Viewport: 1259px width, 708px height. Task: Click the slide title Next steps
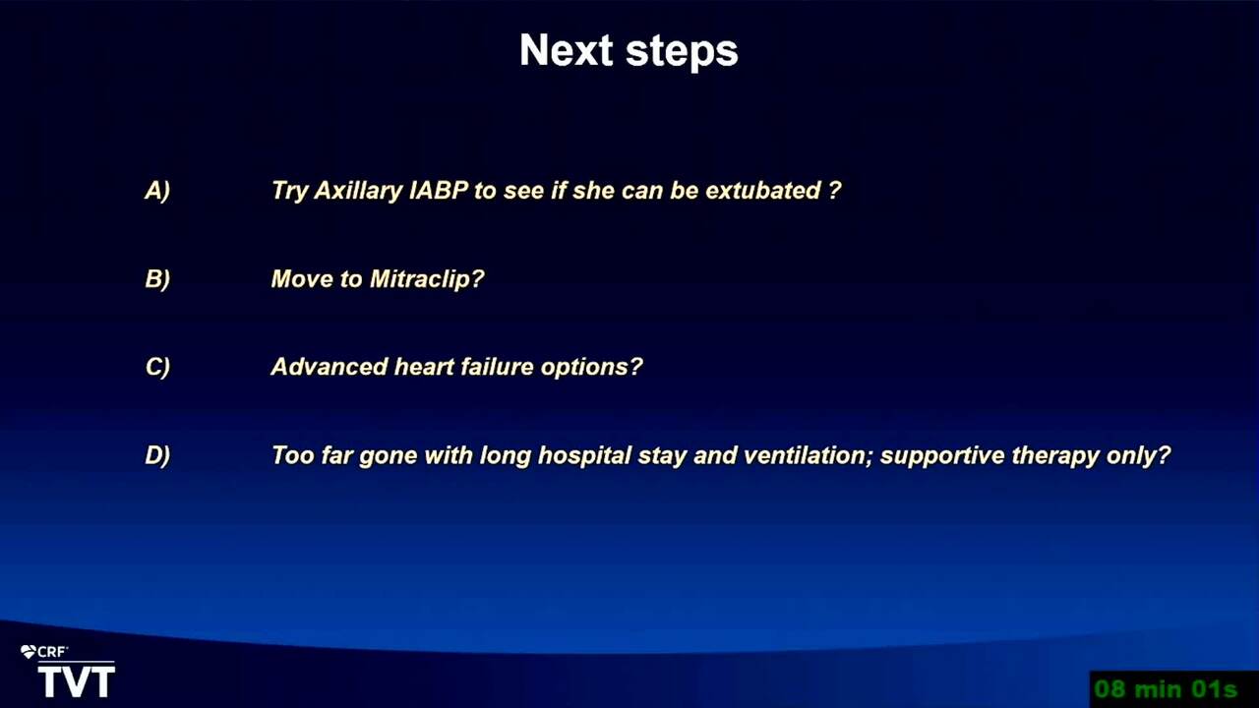point(629,50)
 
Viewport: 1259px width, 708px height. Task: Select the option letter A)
point(157,191)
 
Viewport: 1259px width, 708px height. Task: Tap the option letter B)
point(157,279)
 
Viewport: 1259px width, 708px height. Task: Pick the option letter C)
point(157,367)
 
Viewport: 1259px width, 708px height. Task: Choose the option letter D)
point(157,455)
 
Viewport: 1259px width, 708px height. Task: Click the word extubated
point(762,191)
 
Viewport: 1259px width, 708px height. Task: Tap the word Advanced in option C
point(329,367)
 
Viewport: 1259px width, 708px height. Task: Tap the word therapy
point(1055,456)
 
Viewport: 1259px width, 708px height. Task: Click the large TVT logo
point(77,681)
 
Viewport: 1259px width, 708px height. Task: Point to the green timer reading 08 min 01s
point(1166,689)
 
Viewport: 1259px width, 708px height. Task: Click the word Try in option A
point(289,192)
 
